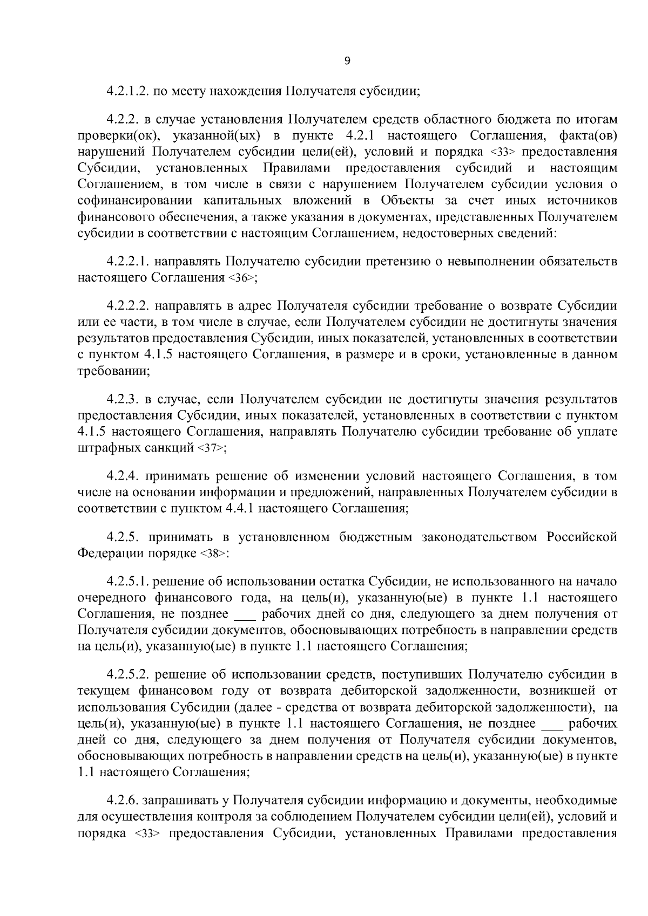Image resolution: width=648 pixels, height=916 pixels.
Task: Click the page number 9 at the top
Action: click(347, 61)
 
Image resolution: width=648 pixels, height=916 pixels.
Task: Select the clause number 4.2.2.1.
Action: click(127, 262)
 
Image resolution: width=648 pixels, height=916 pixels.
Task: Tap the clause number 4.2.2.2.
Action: click(127, 306)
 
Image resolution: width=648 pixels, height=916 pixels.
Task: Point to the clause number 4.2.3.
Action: click(122, 399)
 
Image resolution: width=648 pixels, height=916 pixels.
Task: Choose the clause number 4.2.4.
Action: click(122, 476)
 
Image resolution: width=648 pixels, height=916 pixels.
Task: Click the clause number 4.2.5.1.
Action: click(127, 582)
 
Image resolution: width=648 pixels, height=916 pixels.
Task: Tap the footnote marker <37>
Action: click(212, 448)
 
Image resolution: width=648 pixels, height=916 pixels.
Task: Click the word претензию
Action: click(395, 262)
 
